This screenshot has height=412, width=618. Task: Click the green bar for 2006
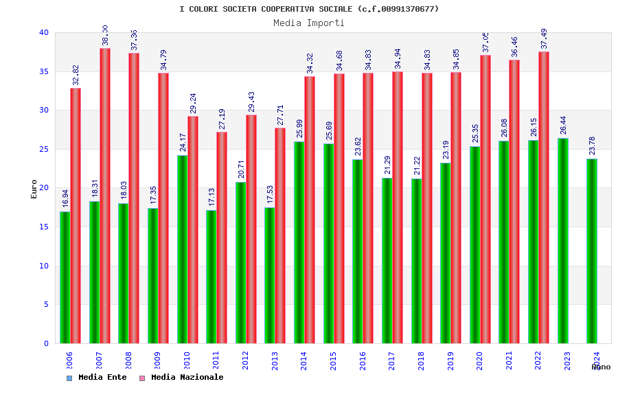[65, 277]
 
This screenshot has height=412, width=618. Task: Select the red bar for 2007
[105, 196]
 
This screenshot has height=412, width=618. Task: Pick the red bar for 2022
[544, 198]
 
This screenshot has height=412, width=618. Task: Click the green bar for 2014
[299, 242]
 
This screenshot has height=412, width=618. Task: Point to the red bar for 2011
[222, 238]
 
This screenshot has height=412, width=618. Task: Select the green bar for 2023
[563, 240]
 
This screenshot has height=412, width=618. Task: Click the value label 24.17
[183, 142]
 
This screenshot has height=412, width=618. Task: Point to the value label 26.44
[563, 125]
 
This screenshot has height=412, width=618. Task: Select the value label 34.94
[398, 59]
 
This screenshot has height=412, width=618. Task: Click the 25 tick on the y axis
[44, 149]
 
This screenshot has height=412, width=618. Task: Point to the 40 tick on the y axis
[44, 32]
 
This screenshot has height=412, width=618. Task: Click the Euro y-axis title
[34, 189]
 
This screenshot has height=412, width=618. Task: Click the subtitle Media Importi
[309, 23]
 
